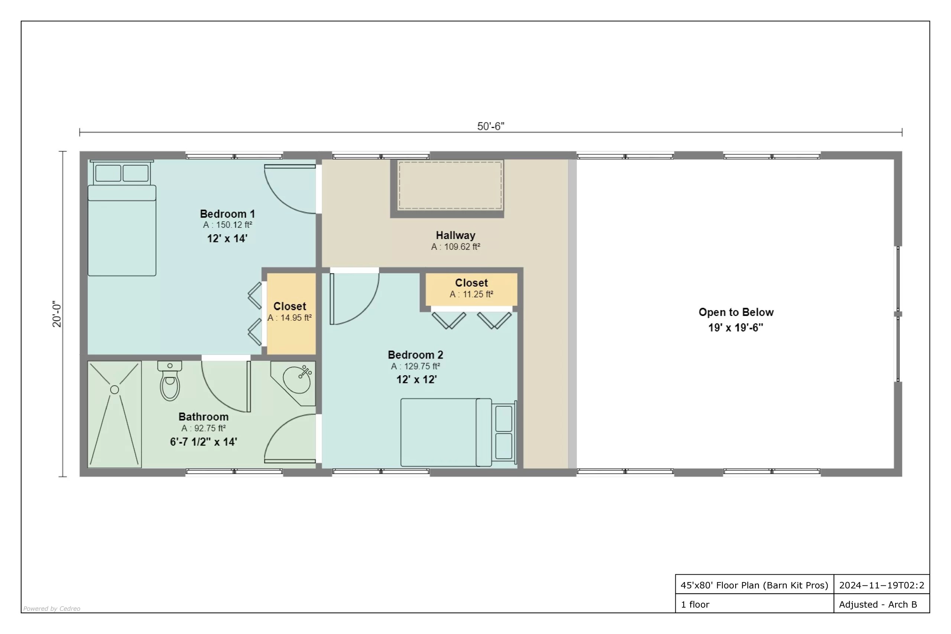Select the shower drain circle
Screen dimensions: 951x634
[114, 390]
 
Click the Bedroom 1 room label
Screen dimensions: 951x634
[227, 214]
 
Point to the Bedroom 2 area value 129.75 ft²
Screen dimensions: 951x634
[416, 366]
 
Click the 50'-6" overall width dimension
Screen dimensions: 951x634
[491, 127]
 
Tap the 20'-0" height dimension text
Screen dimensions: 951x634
[57, 314]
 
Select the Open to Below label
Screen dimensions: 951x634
[736, 312]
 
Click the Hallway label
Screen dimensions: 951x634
[456, 235]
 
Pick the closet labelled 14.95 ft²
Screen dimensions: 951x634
[291, 314]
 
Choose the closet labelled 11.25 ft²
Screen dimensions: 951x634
[471, 290]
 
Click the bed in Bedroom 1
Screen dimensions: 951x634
[122, 218]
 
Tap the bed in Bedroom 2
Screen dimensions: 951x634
[459, 432]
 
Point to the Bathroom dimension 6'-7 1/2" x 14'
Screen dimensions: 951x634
[204, 442]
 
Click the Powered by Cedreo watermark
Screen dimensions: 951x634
[52, 608]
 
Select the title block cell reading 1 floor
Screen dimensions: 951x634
[695, 604]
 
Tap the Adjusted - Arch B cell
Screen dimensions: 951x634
[878, 604]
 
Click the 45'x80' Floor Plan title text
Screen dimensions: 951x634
[754, 585]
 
